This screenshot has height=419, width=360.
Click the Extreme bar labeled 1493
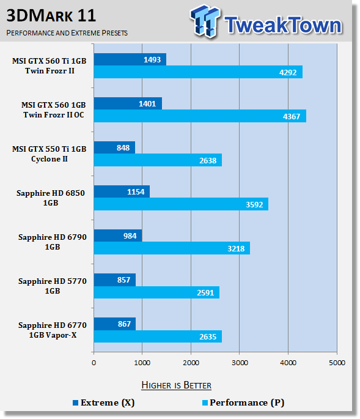pyautogui.click(x=130, y=59)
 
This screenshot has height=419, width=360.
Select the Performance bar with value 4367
pyautogui.click(x=200, y=116)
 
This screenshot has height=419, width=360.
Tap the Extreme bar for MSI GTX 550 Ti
pyautogui.click(x=114, y=147)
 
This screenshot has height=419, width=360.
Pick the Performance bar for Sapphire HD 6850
pyautogui.click(x=181, y=204)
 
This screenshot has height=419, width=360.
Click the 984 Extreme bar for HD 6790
pyautogui.click(x=118, y=235)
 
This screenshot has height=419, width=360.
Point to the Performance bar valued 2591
pyautogui.click(x=156, y=292)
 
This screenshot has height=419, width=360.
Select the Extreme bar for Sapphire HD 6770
pyautogui.click(x=115, y=324)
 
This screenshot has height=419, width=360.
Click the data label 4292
pyautogui.click(x=288, y=72)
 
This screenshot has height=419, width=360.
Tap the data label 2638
pyautogui.click(x=208, y=160)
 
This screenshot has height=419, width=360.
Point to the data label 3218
pyautogui.click(x=236, y=248)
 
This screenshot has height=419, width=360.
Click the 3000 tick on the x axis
pyautogui.click(x=240, y=363)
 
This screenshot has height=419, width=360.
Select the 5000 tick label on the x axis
pyautogui.click(x=337, y=363)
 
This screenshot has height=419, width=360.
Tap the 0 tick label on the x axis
pyautogui.click(x=94, y=363)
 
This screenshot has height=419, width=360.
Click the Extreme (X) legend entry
pyautogui.click(x=104, y=402)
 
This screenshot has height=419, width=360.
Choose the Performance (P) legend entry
pyautogui.click(x=243, y=402)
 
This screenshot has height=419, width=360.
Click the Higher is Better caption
pyautogui.click(x=176, y=385)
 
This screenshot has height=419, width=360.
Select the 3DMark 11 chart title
pyautogui.click(x=51, y=15)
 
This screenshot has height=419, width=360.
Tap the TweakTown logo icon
pyautogui.click(x=205, y=21)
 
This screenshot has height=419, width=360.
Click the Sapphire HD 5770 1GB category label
pyautogui.click(x=53, y=286)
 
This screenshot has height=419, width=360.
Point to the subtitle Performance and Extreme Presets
pyautogui.click(x=67, y=33)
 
